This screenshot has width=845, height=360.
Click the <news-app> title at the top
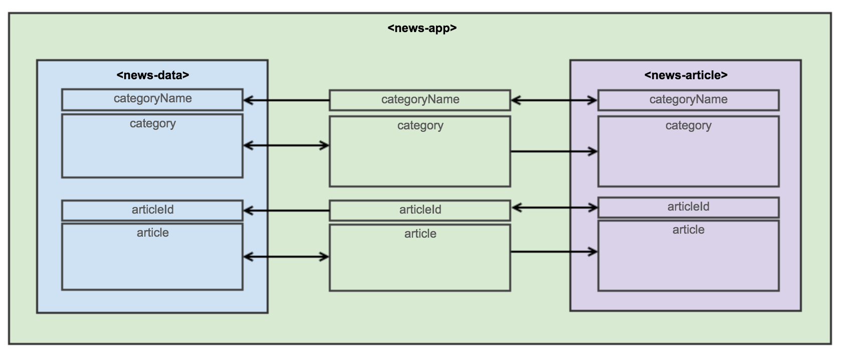422,28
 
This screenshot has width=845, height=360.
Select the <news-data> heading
152,75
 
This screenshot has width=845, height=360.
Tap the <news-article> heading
686,75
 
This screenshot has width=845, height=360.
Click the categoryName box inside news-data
152,99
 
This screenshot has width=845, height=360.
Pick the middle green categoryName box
420,100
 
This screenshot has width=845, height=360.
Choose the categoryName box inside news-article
688,100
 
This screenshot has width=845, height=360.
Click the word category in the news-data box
152,124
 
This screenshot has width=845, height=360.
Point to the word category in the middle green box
420,126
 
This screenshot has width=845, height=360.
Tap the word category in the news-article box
688,126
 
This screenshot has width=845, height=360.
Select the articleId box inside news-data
152,210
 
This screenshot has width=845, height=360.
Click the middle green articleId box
420,210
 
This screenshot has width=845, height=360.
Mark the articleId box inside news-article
688,207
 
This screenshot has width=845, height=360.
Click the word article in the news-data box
152,233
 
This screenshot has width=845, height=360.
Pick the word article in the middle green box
420,234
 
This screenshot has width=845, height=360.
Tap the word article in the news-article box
688,230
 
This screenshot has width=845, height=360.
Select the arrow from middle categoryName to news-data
286,101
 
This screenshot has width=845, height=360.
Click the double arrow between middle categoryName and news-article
554,101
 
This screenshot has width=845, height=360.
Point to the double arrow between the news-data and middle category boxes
286,146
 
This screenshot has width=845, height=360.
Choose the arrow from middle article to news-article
554,252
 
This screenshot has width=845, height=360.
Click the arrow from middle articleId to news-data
286,211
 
